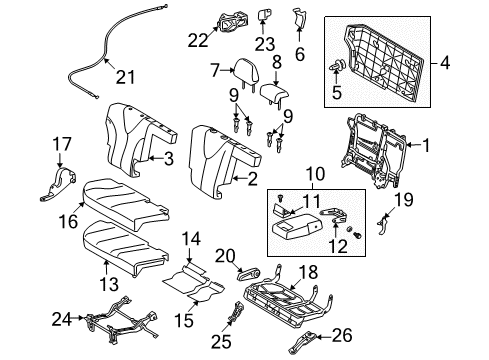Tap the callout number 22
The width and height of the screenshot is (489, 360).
198,41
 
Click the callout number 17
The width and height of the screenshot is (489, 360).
59,144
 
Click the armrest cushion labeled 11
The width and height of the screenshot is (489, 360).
296,227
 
